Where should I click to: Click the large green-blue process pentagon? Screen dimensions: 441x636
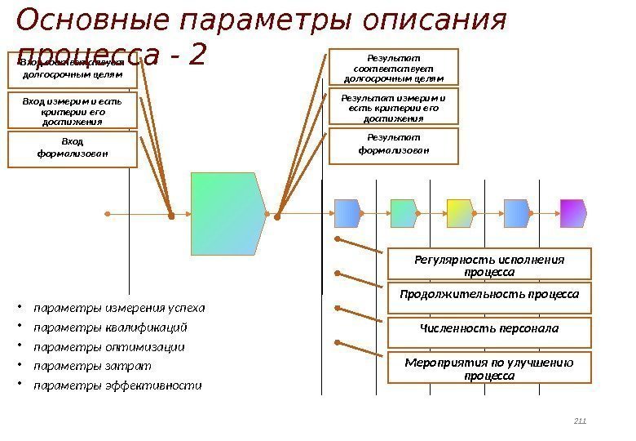point(228,214)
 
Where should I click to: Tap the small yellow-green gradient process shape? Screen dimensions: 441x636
point(460,213)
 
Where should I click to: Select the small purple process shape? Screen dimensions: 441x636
point(572,213)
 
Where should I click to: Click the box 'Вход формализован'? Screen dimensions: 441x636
point(73,150)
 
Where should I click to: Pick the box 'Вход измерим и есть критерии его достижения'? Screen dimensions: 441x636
point(73,111)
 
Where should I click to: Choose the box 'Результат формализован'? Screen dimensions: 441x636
point(394,145)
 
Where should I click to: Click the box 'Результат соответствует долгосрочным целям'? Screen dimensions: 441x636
point(394,67)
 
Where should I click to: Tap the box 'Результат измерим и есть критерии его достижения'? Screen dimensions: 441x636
point(394,107)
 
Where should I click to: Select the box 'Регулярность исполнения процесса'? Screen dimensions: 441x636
point(489,265)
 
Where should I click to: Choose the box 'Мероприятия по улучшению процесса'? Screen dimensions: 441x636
point(489,368)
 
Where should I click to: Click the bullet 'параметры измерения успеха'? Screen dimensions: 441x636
point(119,309)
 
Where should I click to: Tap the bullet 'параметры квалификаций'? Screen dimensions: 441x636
point(110,328)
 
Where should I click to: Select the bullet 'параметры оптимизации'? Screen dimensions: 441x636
point(109,347)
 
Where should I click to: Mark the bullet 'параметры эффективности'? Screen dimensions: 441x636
point(117,385)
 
